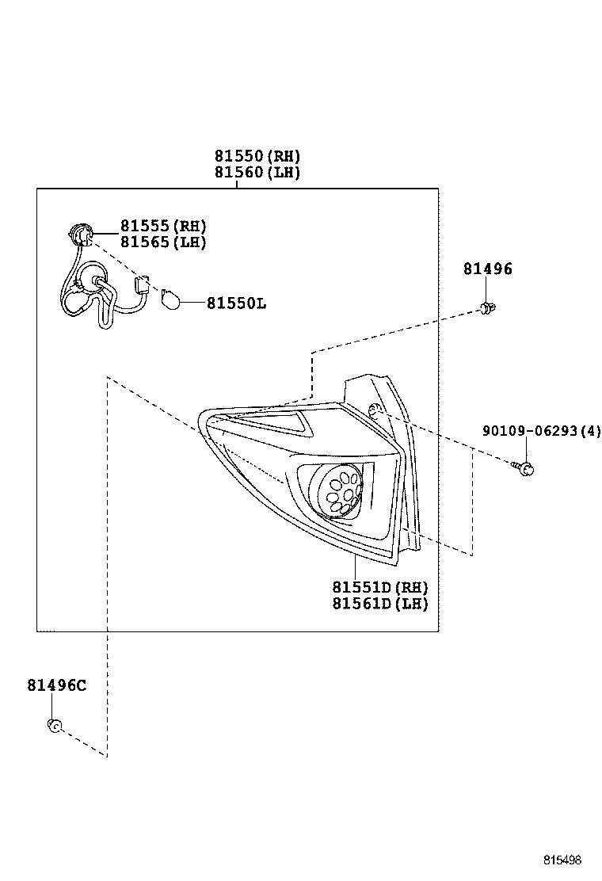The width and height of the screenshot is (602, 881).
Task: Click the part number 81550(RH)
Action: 257,155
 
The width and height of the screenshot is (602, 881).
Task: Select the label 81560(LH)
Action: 257,172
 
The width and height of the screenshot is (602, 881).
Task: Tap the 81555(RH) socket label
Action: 163,226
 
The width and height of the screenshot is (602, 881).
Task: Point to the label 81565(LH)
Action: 163,242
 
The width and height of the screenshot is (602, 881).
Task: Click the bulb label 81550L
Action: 237,303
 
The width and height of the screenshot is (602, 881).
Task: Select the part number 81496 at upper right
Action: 487,269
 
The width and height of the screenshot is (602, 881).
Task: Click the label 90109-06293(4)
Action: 541,431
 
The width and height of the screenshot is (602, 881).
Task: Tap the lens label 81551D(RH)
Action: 379,587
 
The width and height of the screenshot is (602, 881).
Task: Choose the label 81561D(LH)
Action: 379,604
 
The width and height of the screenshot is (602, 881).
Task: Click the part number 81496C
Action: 56,686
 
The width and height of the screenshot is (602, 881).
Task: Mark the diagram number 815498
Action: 562,860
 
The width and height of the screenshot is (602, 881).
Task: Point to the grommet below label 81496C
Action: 55,724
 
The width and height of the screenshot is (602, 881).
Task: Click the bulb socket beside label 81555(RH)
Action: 79,235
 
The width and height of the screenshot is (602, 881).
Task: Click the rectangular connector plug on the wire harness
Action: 143,285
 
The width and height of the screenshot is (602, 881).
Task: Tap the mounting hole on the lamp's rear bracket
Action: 375,410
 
